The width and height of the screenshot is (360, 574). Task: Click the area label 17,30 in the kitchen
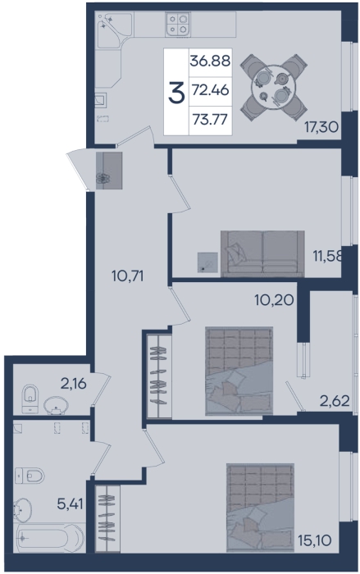(321, 127)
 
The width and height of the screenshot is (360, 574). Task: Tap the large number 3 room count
(176, 92)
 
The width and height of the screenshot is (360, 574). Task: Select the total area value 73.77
(210, 120)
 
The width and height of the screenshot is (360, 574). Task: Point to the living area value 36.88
(210, 61)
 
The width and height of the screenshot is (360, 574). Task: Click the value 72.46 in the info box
(210, 90)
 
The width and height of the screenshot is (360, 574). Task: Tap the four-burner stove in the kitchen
(178, 24)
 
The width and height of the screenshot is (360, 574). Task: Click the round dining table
(273, 87)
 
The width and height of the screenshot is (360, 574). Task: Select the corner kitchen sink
(113, 29)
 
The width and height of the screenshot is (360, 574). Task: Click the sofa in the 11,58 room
(262, 253)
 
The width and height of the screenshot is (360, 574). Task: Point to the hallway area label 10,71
(127, 276)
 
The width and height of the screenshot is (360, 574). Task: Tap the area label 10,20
(274, 300)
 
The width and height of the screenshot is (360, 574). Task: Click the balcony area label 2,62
(335, 401)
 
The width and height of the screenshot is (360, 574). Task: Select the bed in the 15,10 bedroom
(261, 508)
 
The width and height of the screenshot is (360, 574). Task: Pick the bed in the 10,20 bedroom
(239, 371)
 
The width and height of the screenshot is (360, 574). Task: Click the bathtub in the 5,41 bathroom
(49, 538)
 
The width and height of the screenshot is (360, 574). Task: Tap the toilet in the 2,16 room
(30, 399)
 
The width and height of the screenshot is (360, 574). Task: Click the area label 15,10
(315, 540)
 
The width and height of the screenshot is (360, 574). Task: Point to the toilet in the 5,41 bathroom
(30, 476)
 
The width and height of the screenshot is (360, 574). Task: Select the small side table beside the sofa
(207, 262)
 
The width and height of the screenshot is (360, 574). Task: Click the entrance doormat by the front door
(109, 171)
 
